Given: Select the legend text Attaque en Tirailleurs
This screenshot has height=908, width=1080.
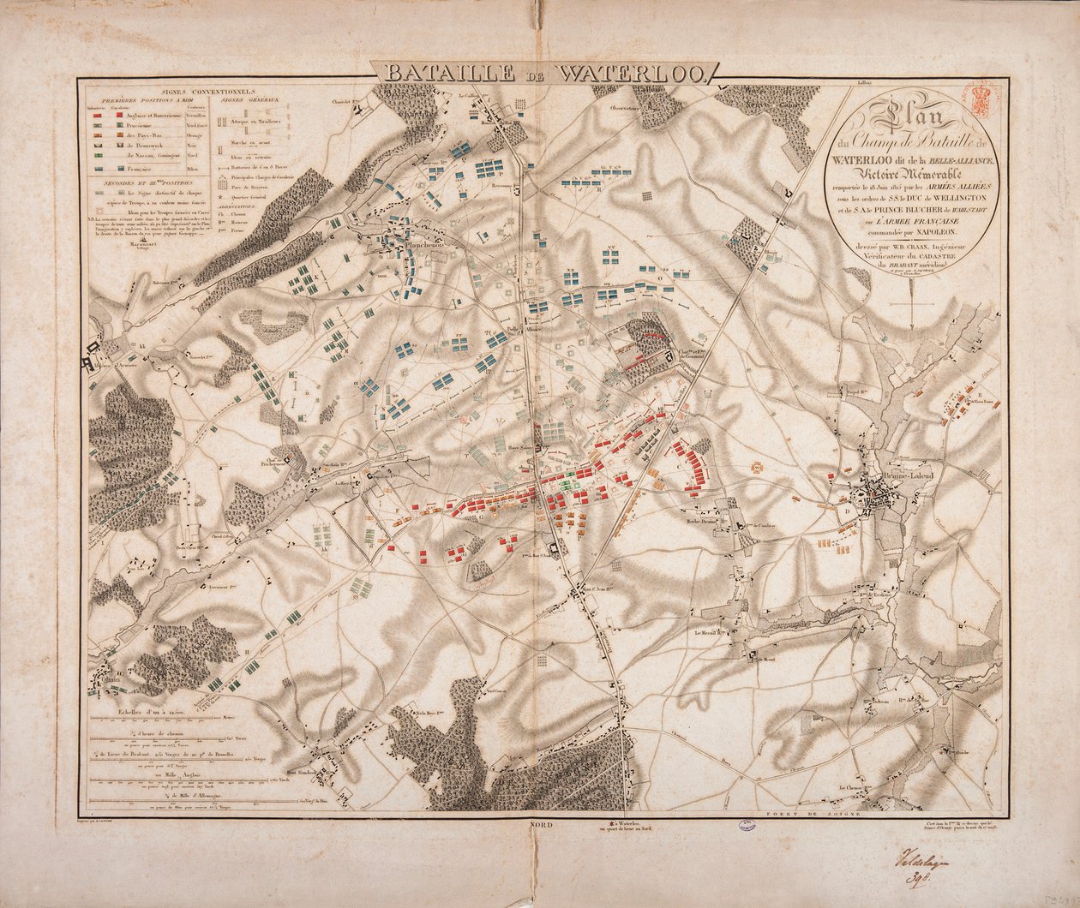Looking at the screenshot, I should point(251,125).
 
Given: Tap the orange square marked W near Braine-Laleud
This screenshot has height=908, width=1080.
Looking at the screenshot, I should point(757,468).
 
